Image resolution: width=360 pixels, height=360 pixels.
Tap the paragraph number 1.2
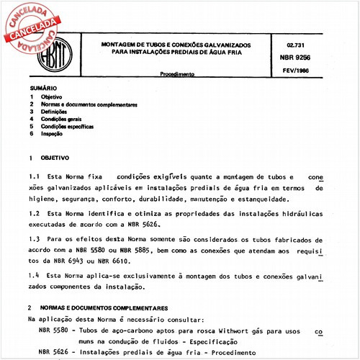point(32,215)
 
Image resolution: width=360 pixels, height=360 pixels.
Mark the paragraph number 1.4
point(32,275)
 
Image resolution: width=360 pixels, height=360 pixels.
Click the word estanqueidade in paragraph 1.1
point(259,199)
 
